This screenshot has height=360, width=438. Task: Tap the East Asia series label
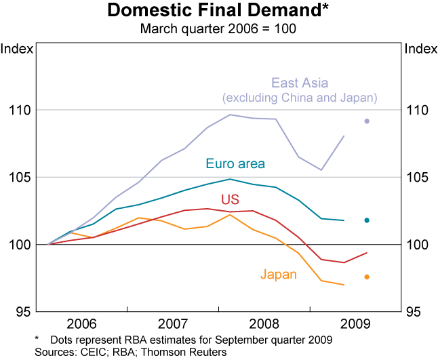tap(300, 83)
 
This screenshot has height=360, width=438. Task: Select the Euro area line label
tap(235, 163)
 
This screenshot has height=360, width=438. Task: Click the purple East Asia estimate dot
tap(367, 121)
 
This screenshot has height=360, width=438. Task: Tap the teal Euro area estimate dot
tap(367, 220)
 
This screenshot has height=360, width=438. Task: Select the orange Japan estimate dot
tap(367, 277)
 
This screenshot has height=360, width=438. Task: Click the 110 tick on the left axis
tap(20, 110)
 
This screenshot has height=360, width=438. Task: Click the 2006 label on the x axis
tap(82, 321)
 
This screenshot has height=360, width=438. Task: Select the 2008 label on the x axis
tap(264, 321)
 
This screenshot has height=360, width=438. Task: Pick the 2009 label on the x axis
tap(355, 321)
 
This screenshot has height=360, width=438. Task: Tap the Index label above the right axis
tap(420, 48)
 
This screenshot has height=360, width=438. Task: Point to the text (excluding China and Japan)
tap(300, 98)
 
